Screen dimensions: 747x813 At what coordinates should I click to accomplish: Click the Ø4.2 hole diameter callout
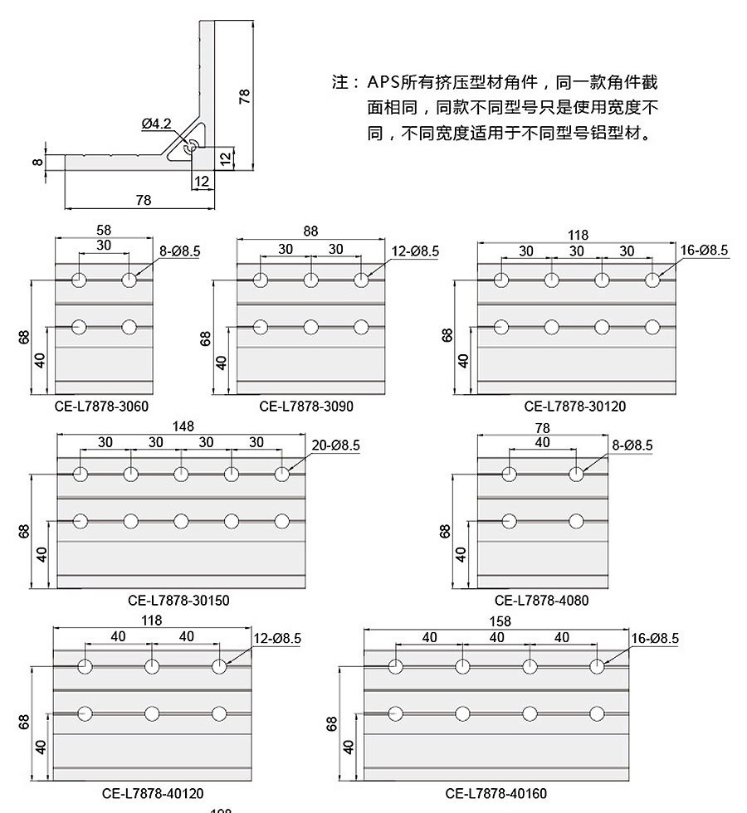(x=156, y=124)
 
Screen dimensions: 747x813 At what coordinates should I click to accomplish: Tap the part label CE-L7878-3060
(x=101, y=406)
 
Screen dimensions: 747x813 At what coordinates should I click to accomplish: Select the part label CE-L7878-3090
(x=306, y=406)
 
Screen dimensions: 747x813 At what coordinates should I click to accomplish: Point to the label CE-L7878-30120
(x=574, y=406)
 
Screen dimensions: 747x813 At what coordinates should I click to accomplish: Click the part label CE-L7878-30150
(x=178, y=601)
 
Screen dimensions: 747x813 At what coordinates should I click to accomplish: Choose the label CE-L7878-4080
(x=541, y=601)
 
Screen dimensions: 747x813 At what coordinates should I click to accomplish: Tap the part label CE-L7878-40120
(x=153, y=793)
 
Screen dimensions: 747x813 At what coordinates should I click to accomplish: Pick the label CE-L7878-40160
(x=496, y=793)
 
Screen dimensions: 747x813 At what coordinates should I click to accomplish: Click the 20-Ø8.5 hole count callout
(x=335, y=445)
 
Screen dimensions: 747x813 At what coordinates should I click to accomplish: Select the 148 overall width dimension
(x=183, y=426)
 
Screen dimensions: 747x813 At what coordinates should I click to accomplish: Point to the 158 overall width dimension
(x=500, y=621)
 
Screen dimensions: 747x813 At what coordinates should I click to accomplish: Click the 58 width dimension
(x=104, y=231)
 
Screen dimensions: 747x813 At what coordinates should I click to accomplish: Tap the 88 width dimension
(x=310, y=231)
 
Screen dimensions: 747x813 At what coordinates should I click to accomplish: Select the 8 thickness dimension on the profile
(x=37, y=162)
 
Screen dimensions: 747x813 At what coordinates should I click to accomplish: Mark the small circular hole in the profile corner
(x=192, y=145)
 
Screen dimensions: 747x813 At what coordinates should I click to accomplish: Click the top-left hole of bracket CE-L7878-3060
(x=79, y=280)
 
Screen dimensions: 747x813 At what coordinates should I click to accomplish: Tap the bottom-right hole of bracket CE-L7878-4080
(x=576, y=521)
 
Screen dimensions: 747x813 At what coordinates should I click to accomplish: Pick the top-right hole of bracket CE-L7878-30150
(x=281, y=474)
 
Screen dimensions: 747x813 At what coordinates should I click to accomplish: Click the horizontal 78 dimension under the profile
(x=143, y=200)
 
